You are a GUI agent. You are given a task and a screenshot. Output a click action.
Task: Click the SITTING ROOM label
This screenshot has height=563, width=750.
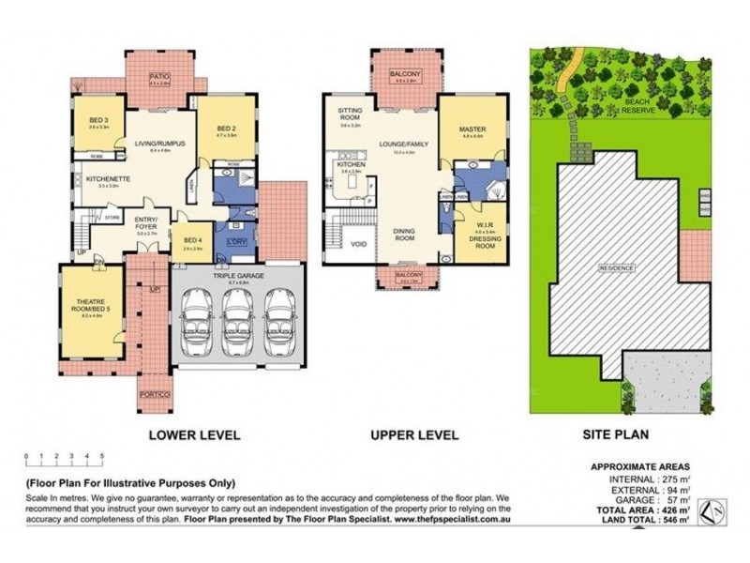pyautogui.click(x=350, y=114)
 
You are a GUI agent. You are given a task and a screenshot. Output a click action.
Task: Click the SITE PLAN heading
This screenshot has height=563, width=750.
pyautogui.click(x=616, y=435)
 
